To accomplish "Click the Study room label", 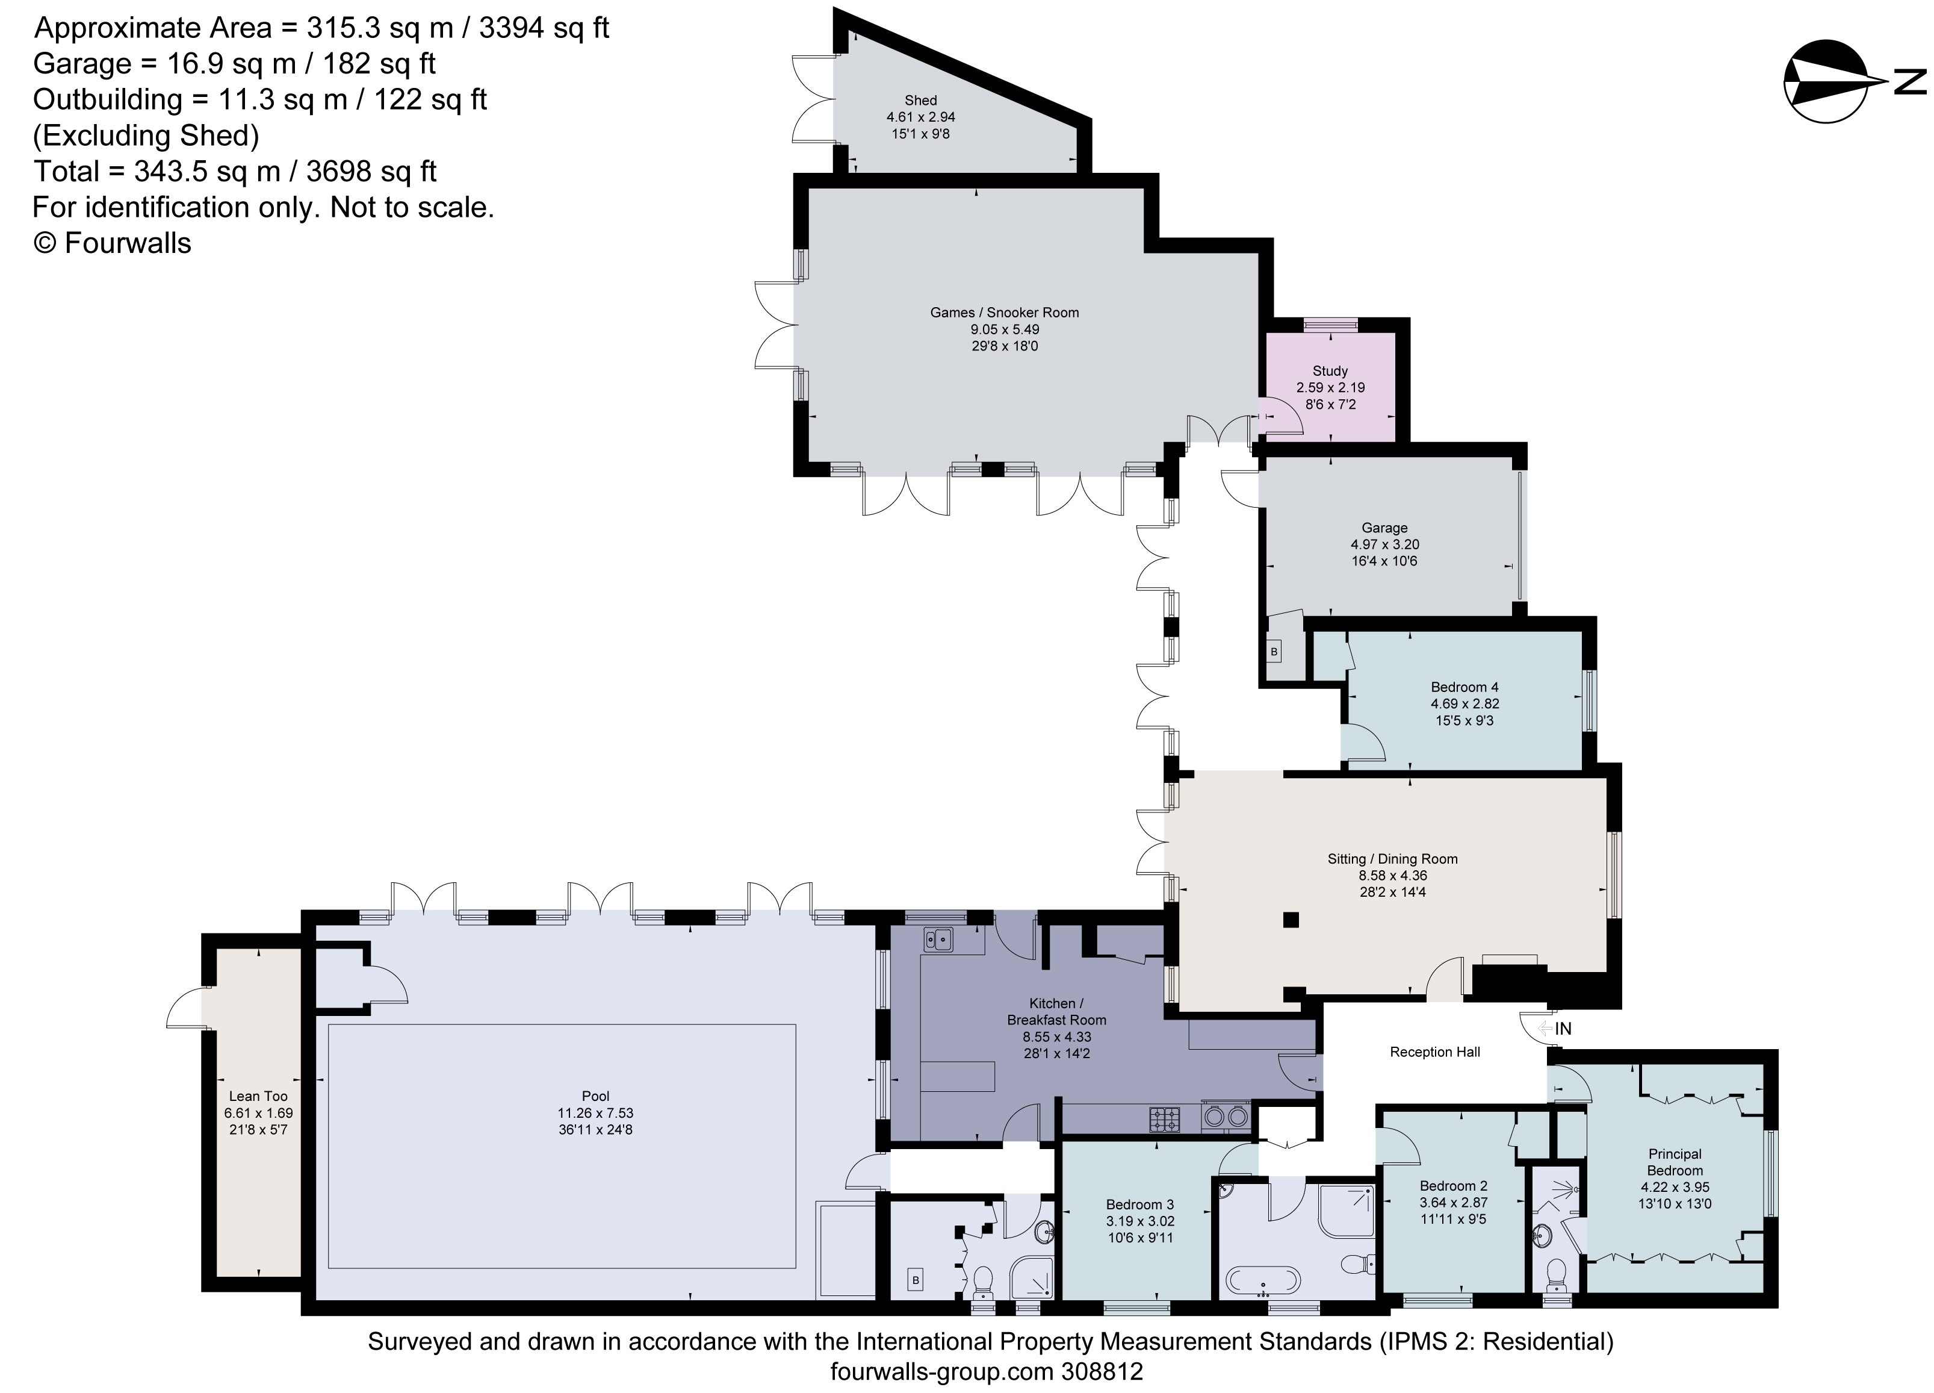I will coord(1330,371).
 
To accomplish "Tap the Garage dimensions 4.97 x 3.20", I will coord(1384,544).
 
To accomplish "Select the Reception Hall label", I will coord(1434,1052).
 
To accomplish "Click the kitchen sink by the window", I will coord(940,939).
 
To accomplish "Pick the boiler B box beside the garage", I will coord(1274,652).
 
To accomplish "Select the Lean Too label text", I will coord(258,1096).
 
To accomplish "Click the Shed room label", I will coord(920,101).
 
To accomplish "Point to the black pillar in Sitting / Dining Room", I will coord(1291,920).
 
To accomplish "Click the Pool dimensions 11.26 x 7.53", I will coord(595,1113).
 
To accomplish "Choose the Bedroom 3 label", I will coord(1139,1204).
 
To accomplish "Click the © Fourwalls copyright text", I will coord(112,243).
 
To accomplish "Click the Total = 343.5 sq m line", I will coord(235,172).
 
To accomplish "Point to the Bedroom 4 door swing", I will coord(1362,740).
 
